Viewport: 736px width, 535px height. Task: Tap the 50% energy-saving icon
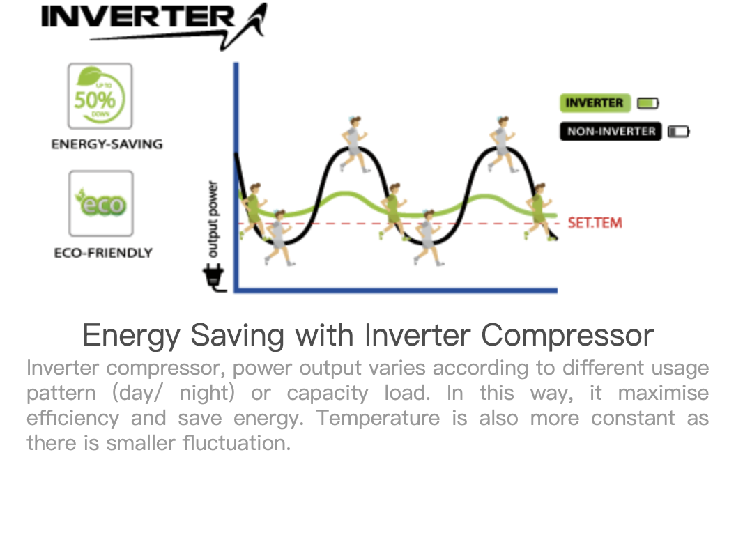pos(100,96)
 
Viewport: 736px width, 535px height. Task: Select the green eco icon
pos(101,203)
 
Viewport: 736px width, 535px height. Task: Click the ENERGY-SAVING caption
pos(107,144)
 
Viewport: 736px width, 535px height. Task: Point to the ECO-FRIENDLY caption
pos(103,253)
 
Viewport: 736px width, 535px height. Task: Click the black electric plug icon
pos(214,277)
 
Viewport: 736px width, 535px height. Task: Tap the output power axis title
pos(213,219)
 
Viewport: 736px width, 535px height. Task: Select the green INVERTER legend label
pos(595,103)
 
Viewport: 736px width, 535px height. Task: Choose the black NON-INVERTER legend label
pos(611,132)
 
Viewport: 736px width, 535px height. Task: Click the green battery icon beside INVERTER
pos(648,103)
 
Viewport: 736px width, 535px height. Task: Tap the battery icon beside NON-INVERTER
pos(679,132)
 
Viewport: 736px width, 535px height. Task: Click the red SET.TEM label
pos(595,223)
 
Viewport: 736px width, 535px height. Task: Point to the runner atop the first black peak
pos(354,144)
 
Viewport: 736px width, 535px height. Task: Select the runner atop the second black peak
pos(502,144)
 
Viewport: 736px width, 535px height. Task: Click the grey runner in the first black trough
pos(278,238)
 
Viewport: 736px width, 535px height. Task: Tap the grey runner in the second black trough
pos(427,238)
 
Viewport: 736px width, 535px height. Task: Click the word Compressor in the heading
pos(567,336)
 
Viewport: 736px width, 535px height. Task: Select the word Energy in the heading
pos(132,336)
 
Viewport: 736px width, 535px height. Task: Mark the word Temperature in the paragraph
pos(378,418)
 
